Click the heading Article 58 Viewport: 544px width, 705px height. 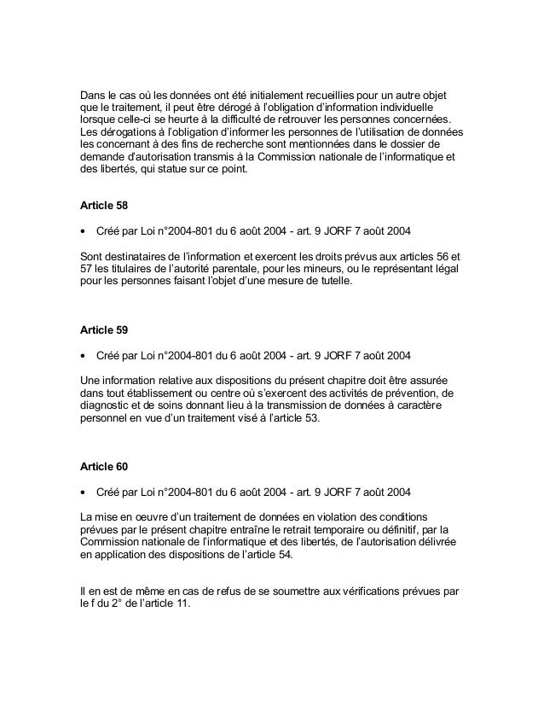pos(101,207)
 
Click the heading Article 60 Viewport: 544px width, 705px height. pos(101,469)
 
